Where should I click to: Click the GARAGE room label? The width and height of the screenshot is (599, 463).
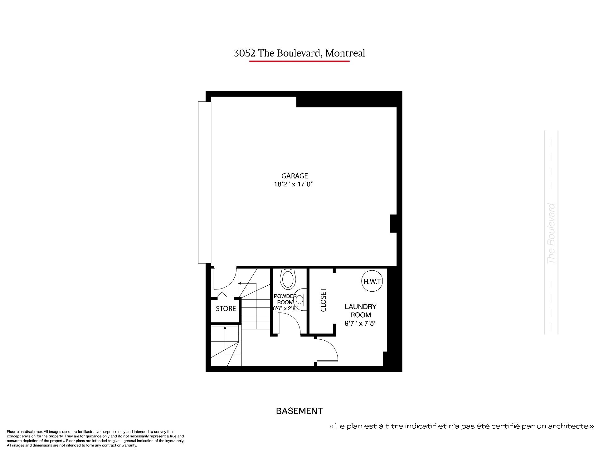tap(295, 176)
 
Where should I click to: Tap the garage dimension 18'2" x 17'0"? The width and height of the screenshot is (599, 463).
tap(293, 184)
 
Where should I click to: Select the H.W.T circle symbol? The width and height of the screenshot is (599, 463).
tap(372, 281)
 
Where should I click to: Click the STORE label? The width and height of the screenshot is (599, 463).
tap(226, 308)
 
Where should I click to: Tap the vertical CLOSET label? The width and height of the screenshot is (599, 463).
tap(324, 300)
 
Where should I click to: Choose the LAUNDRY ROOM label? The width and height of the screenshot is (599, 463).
tap(361, 311)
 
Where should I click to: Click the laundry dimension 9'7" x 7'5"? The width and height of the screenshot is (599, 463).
tap(361, 323)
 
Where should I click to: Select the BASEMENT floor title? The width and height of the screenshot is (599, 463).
tap(299, 411)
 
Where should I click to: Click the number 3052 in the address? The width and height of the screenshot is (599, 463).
tap(245, 53)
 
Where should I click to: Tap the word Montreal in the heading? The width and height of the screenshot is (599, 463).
tap(345, 53)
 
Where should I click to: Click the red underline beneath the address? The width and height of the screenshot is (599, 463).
tap(299, 61)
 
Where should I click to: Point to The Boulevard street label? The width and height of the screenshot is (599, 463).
tap(551, 234)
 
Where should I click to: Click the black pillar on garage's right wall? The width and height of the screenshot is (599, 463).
tap(393, 224)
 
